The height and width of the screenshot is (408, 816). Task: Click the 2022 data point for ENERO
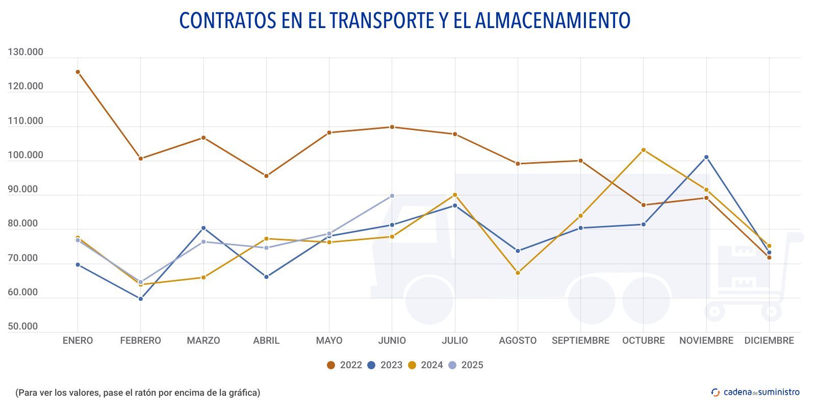pyautogui.click(x=78, y=72)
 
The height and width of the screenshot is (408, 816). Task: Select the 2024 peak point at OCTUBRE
pyautogui.click(x=643, y=150)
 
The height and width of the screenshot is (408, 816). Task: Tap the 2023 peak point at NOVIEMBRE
pyautogui.click(x=706, y=157)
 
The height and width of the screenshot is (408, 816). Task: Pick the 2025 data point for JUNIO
pyautogui.click(x=392, y=196)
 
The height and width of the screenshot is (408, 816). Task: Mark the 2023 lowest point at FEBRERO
pyautogui.click(x=141, y=299)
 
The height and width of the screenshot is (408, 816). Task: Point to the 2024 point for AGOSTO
pyautogui.click(x=518, y=273)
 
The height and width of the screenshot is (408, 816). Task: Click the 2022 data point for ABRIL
pyautogui.click(x=266, y=176)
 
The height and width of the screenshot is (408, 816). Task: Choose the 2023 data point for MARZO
pyautogui.click(x=203, y=228)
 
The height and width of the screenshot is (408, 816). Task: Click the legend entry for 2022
pyautogui.click(x=344, y=365)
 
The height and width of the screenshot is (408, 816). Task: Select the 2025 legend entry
pyautogui.click(x=466, y=365)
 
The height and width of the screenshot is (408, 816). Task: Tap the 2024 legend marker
pyautogui.click(x=412, y=365)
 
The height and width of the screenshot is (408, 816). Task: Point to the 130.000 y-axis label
pyautogui.click(x=25, y=52)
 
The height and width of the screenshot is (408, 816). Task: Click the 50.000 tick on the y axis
pyautogui.click(x=23, y=326)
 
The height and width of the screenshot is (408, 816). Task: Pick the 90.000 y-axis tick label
pyautogui.click(x=23, y=189)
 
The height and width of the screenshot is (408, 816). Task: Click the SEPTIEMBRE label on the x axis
pyautogui.click(x=580, y=341)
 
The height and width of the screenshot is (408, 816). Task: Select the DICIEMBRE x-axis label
pyautogui.click(x=769, y=341)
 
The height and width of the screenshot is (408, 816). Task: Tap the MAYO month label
pyautogui.click(x=329, y=341)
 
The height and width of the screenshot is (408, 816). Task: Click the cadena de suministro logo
pyautogui.click(x=755, y=392)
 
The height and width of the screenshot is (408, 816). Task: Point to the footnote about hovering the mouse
pyautogui.click(x=138, y=393)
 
